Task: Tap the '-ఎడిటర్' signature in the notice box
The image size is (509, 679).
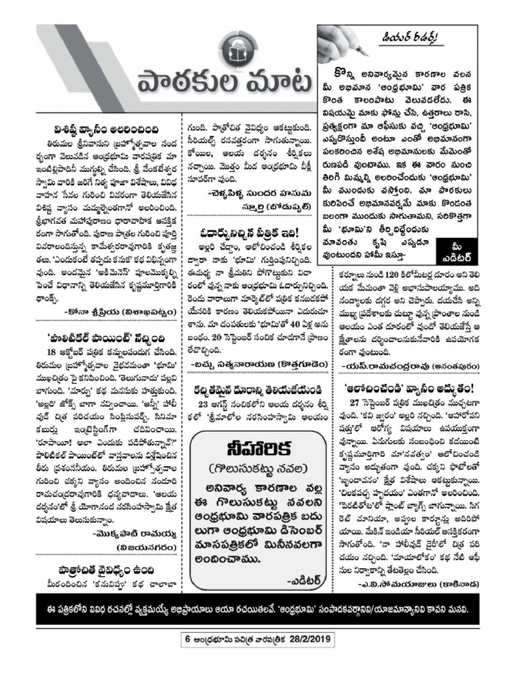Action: pos(303,580)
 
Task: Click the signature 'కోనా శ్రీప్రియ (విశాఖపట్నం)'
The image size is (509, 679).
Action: pos(121,312)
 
